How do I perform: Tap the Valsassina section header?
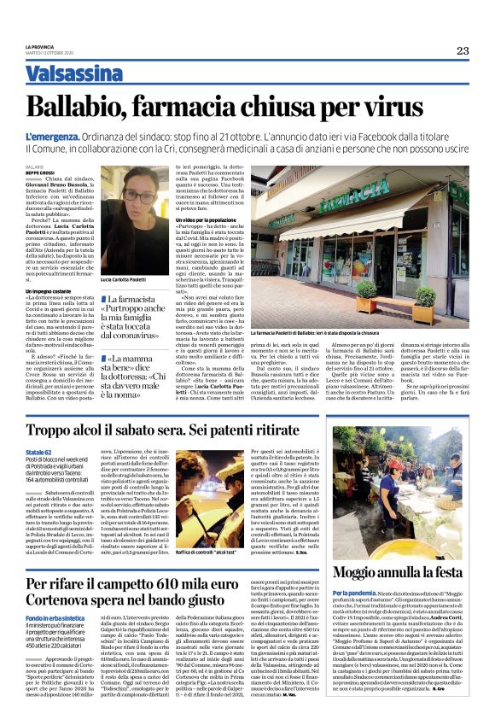coord(73,73)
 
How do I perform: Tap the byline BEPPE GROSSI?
coord(39,172)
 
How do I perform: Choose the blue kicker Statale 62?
coord(38,450)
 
